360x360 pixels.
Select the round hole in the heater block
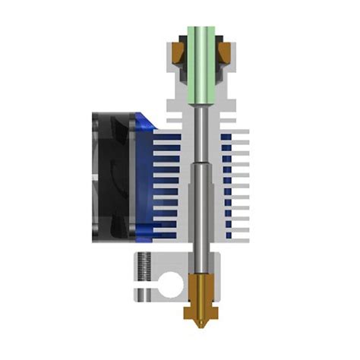tap(173, 288)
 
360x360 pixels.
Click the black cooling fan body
tap(114, 175)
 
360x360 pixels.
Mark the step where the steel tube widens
tap(201, 163)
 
